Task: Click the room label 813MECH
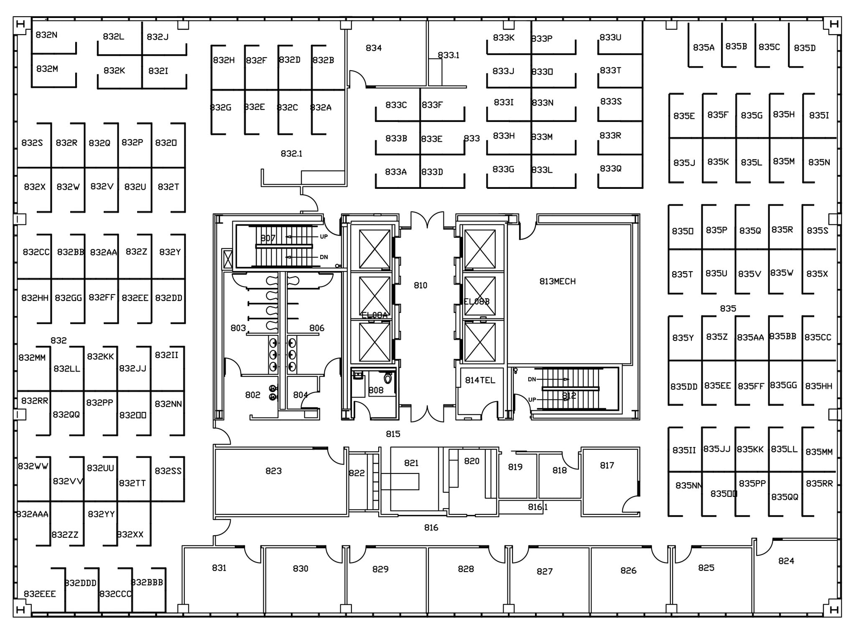(x=557, y=282)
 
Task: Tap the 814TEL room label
(x=480, y=380)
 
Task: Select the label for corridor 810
(x=420, y=285)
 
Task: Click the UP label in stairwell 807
(x=324, y=237)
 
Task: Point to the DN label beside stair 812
(x=532, y=379)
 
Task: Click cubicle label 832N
(x=46, y=35)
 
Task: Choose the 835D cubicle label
(x=805, y=48)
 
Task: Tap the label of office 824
(x=786, y=561)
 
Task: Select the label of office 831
(x=219, y=568)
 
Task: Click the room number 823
(x=273, y=471)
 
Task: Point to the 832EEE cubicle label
(x=40, y=594)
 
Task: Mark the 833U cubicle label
(x=610, y=38)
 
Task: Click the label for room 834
(x=373, y=48)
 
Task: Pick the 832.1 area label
(x=291, y=154)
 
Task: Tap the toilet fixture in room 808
(x=388, y=379)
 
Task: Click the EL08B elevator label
(x=476, y=302)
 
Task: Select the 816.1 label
(x=538, y=507)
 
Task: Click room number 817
(x=606, y=466)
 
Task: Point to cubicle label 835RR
(x=819, y=483)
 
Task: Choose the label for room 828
(x=466, y=569)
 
